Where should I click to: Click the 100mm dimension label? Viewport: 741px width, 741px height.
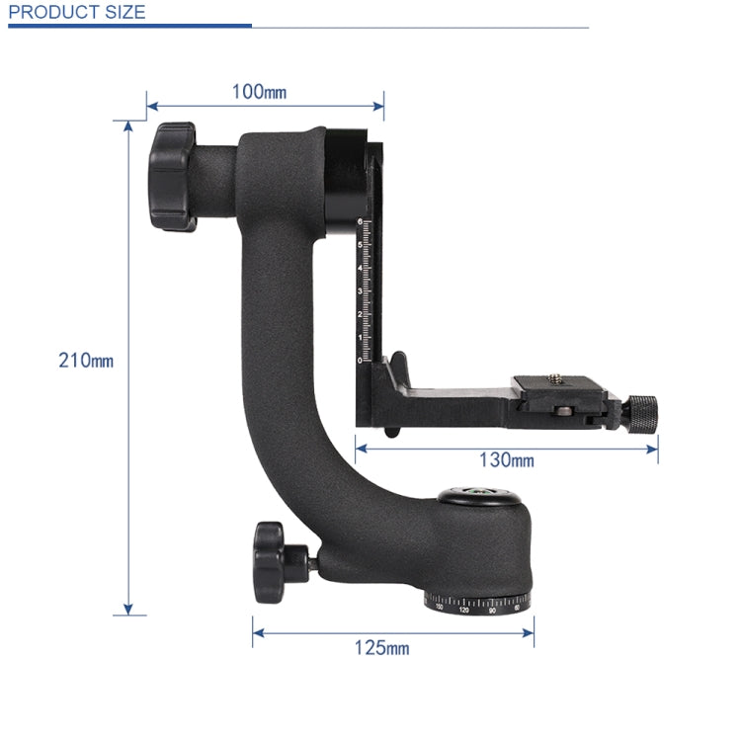tap(259, 92)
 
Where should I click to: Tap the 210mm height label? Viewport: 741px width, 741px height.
tap(86, 361)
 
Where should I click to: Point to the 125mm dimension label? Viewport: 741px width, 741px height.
tap(381, 648)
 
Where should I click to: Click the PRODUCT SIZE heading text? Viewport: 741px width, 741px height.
tap(76, 13)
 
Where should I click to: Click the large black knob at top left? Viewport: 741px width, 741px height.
tap(174, 176)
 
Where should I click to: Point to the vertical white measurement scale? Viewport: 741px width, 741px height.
tap(365, 290)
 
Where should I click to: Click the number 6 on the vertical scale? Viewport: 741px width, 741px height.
tap(361, 221)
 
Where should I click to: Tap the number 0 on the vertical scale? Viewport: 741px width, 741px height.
tap(361, 361)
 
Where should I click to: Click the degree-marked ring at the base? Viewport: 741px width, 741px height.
tap(478, 604)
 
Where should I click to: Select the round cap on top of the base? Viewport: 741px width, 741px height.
tap(478, 494)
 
